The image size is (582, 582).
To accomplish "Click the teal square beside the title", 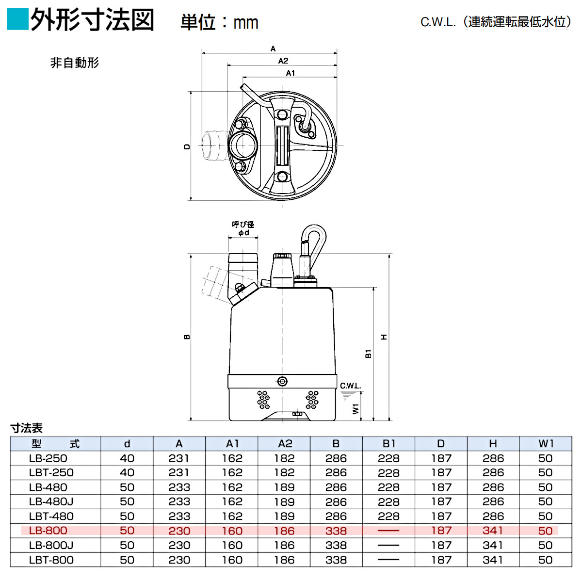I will click(18, 19).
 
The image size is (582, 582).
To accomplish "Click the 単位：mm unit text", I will click(219, 22).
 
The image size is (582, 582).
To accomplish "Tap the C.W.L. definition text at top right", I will click(495, 22).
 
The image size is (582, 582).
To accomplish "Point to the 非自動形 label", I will click(75, 63).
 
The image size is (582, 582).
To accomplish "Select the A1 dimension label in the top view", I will click(290, 73).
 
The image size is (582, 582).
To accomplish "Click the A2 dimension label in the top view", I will click(283, 61).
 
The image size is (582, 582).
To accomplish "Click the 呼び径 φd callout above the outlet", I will click(243, 228).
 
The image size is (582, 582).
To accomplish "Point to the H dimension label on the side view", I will click(384, 337).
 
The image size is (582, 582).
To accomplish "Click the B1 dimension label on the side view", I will click(368, 354).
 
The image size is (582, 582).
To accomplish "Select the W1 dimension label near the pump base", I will click(356, 409).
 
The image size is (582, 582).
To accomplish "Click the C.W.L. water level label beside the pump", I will click(350, 386).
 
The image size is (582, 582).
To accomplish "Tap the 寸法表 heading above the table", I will click(27, 428).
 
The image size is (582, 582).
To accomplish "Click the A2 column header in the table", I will click(285, 444).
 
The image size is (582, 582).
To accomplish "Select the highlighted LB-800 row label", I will click(48, 531).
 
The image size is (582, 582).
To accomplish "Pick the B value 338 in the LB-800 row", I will click(336, 531).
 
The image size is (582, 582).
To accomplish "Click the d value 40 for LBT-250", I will click(127, 473).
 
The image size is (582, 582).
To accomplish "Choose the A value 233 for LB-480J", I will click(179, 502).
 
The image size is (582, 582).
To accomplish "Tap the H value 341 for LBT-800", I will click(493, 560).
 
